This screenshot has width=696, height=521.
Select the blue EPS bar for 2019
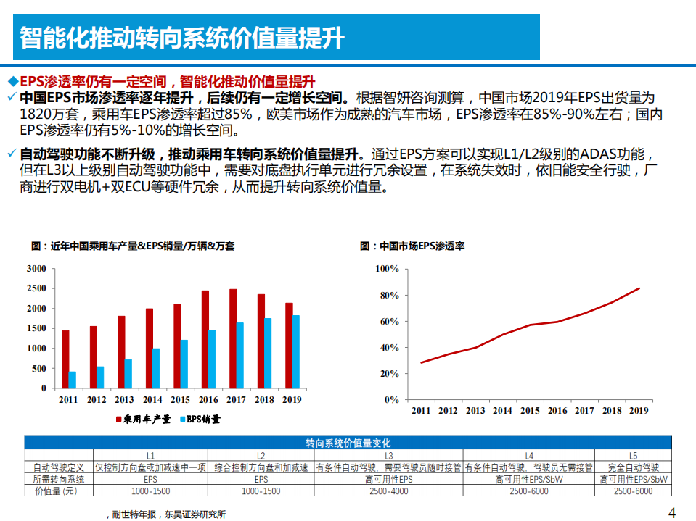pyautogui.click(x=295, y=351)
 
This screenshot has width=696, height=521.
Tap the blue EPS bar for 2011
pyautogui.click(x=72, y=380)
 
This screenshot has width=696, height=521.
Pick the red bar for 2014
pyautogui.click(x=149, y=349)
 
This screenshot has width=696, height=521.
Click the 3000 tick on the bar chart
pyautogui.click(x=36, y=269)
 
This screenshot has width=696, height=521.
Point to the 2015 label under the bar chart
pyautogui.click(x=181, y=400)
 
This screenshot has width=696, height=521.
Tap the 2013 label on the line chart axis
pyautogui.click(x=475, y=411)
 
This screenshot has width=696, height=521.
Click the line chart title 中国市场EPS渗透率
pyautogui.click(x=412, y=246)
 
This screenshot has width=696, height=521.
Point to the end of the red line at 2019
pyautogui.click(x=639, y=288)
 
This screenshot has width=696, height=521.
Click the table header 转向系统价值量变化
pyautogui.click(x=348, y=443)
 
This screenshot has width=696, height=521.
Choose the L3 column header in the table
pyautogui.click(x=389, y=456)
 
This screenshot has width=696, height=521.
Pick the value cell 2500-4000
pyautogui.click(x=389, y=491)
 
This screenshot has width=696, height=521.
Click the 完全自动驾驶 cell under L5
pyautogui.click(x=633, y=467)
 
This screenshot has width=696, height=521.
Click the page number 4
pyautogui.click(x=671, y=513)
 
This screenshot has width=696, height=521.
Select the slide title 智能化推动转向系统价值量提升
pyautogui.click(x=182, y=37)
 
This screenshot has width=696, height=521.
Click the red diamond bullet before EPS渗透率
pyautogui.click(x=12, y=80)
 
